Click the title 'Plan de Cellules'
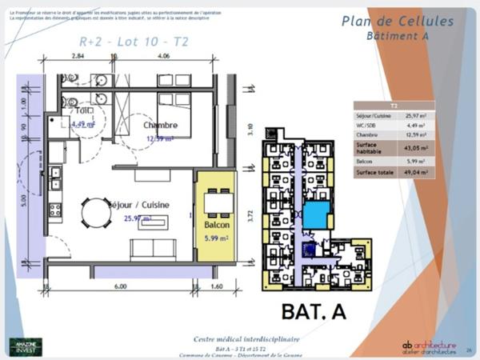tap(397, 22)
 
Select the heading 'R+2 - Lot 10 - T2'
tap(134, 42)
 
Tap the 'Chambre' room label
tap(160, 126)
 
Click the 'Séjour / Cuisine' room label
tap(140, 204)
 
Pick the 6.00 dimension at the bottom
tap(119, 286)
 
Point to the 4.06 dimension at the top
tap(162, 57)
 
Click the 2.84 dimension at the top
tap(78, 57)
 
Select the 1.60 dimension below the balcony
tap(217, 286)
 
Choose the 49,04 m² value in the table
tap(418, 171)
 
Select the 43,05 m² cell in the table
tap(418, 148)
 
